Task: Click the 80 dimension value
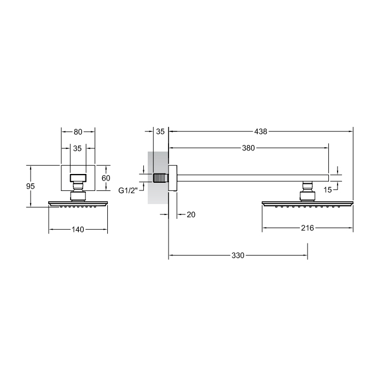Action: point(78,132)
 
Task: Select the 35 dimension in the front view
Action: point(78,148)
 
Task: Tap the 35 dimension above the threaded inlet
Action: point(160,131)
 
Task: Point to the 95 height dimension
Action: point(31,186)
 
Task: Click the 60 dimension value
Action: point(106,178)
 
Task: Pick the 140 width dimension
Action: point(78,230)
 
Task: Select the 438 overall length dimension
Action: point(261,131)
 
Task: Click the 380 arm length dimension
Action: point(248,148)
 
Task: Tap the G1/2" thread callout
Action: point(128,190)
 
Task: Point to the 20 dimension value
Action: point(191,214)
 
